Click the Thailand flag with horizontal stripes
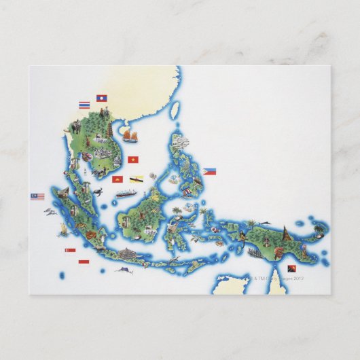click(84, 105)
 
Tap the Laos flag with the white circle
click(102, 98)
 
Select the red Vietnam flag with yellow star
click(132, 160)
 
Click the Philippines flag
click(210, 171)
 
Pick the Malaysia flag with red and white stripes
click(37, 196)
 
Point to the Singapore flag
click(69, 250)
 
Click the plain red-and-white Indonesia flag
click(84, 261)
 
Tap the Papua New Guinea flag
click(292, 268)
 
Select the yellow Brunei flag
click(136, 180)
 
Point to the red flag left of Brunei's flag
click(118, 180)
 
